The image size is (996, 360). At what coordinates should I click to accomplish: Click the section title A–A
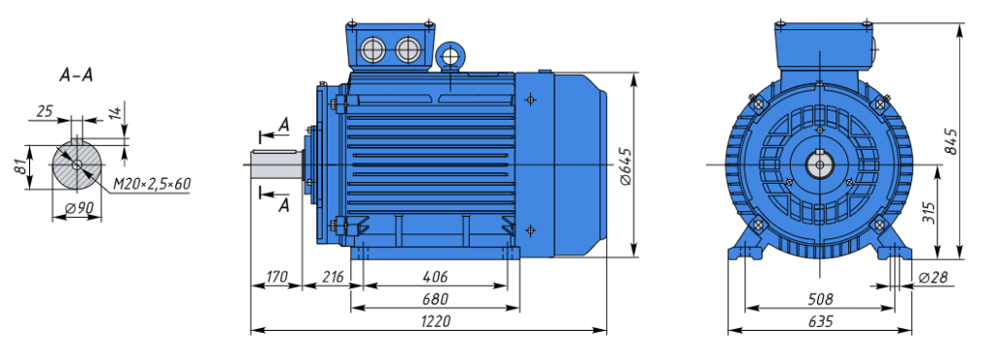(76, 76)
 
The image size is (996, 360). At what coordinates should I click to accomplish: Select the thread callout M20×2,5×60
(153, 184)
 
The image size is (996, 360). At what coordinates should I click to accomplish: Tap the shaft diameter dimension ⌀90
(79, 207)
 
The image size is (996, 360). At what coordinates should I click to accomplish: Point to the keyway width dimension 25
(45, 112)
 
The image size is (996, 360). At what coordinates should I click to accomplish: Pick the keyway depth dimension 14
(115, 114)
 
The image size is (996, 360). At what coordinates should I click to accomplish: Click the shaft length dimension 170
(276, 277)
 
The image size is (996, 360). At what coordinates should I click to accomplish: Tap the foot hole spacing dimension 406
(435, 277)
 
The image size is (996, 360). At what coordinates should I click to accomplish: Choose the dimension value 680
(435, 299)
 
